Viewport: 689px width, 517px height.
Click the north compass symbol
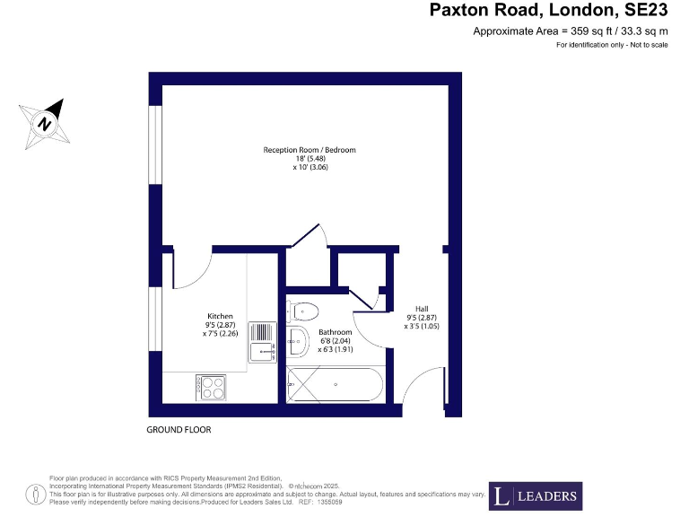(43, 122)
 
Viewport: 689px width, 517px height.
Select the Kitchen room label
(221, 316)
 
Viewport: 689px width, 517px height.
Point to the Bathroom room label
(336, 332)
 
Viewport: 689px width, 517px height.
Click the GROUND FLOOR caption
(179, 430)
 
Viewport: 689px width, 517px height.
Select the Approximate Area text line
(571, 31)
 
